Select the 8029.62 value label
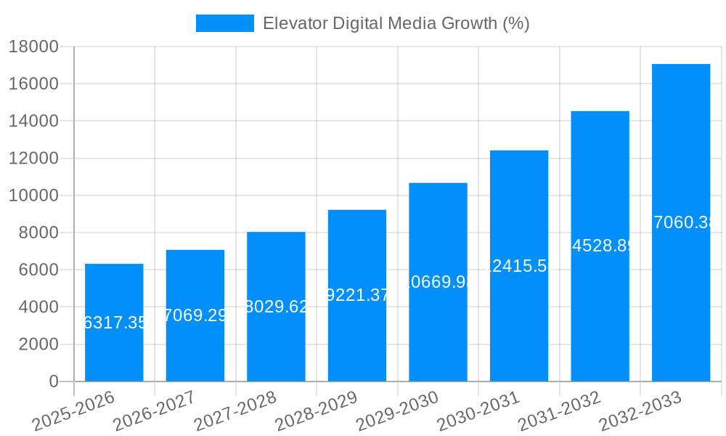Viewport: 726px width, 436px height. tap(277, 307)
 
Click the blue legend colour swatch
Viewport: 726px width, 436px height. tap(225, 23)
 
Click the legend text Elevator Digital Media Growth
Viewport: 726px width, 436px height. tap(396, 23)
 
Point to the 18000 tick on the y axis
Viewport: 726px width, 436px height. tap(33, 47)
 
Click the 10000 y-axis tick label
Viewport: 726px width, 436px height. tap(33, 195)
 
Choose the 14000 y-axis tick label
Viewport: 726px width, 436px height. tap(33, 121)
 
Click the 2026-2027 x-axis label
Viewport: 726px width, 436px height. tap(154, 410)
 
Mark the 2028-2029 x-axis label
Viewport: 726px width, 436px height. tap(317, 410)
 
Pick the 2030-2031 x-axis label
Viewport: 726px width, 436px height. tap(478, 410)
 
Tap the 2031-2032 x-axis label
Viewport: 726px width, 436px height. tap(559, 410)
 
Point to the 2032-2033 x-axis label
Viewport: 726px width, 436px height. tap(640, 410)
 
